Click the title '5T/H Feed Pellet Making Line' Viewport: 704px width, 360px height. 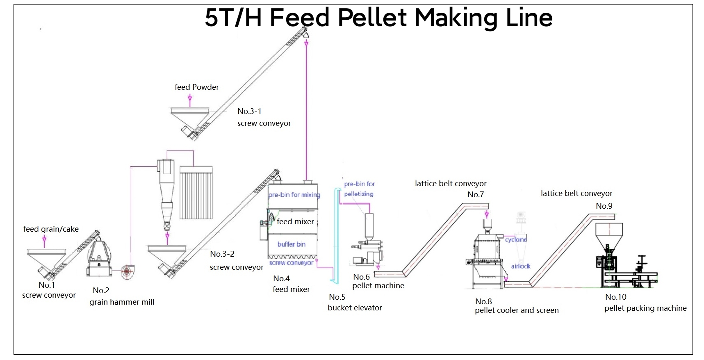pos(378,18)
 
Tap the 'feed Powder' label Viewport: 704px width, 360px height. pos(196,87)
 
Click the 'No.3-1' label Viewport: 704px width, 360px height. pos(249,111)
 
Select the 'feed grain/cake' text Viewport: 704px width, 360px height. pos(51,229)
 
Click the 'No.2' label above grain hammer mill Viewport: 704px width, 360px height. pos(101,290)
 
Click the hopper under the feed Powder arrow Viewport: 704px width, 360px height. pos(189,115)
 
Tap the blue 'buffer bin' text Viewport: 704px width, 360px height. pos(291,244)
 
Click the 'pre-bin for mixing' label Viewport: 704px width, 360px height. pos(294,195)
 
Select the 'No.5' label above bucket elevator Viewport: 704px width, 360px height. pos(337,297)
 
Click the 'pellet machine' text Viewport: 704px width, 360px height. pos(378,286)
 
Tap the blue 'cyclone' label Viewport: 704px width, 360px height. pos(516,239)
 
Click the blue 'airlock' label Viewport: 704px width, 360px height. pos(520,266)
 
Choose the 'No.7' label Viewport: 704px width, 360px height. pos(476,195)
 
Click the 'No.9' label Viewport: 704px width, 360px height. pos(604,206)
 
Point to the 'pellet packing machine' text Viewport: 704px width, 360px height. pos(645,308)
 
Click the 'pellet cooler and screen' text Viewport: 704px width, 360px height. pos(517,310)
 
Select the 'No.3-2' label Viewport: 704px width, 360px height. pos(222,254)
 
